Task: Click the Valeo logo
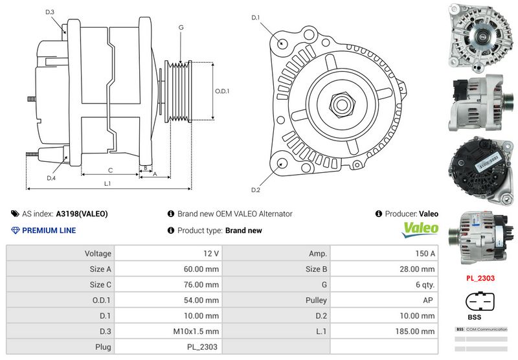(421, 229)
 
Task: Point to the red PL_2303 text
(480, 278)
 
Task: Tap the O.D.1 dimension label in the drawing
(222, 91)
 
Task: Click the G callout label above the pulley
(181, 27)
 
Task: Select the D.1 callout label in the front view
(255, 17)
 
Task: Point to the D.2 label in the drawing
(255, 190)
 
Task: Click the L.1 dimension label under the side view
(107, 183)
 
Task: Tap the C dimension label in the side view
(111, 170)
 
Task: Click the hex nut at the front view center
(341, 103)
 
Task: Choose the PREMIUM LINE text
(49, 231)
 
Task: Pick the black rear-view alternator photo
(480, 165)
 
